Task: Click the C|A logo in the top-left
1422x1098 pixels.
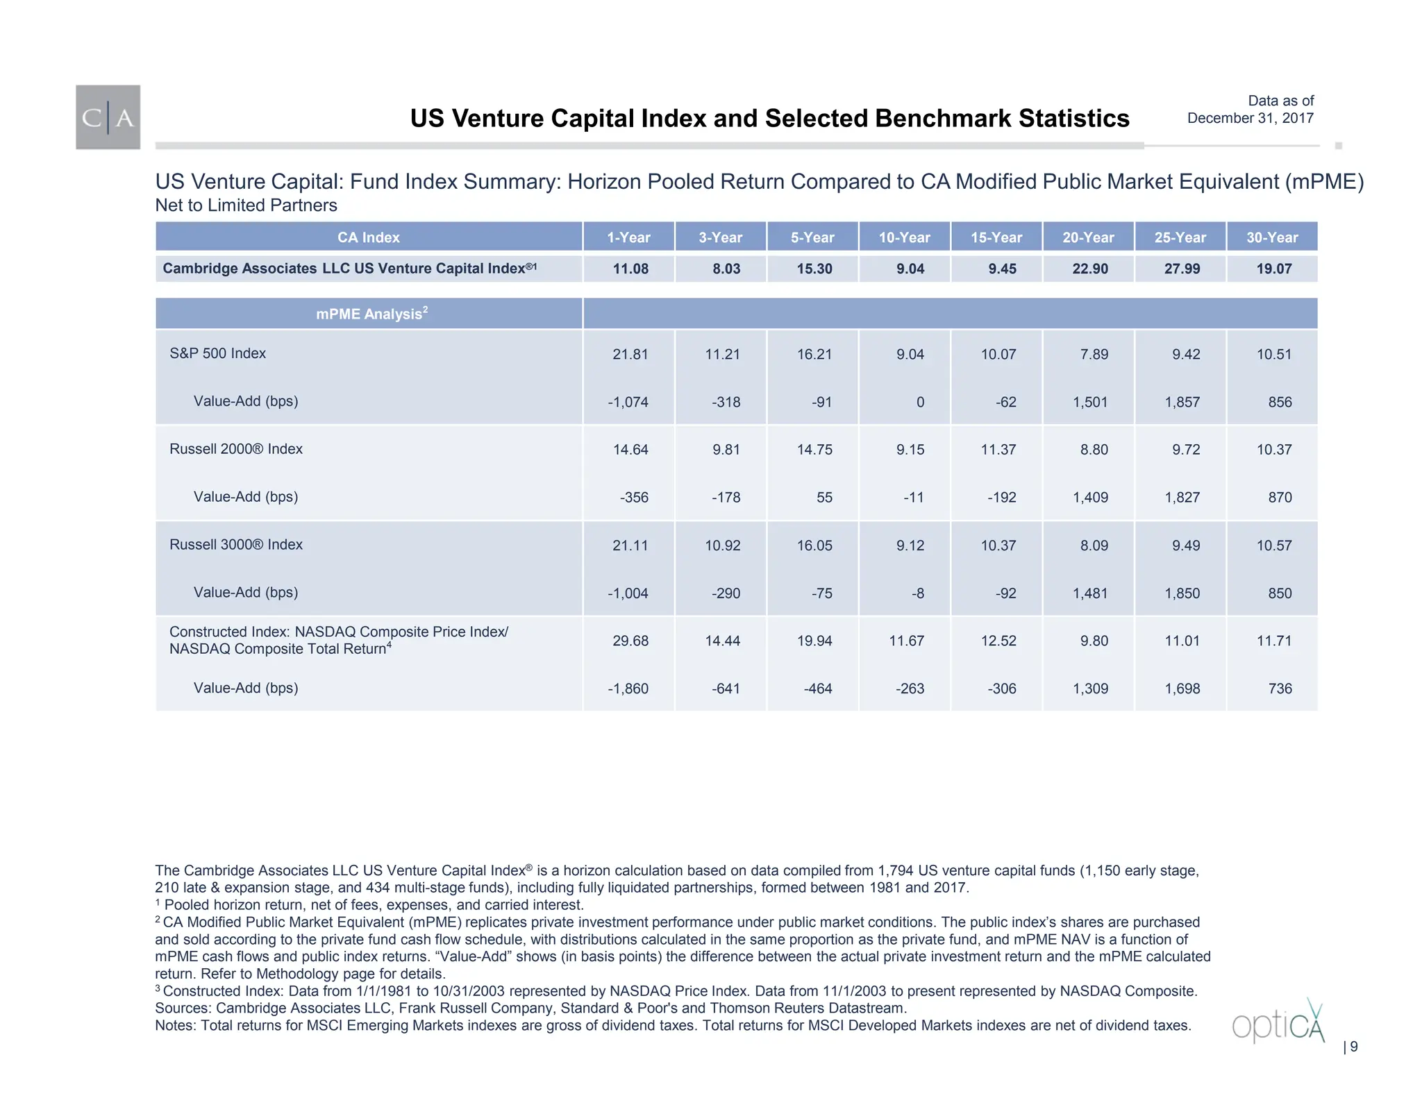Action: (108, 117)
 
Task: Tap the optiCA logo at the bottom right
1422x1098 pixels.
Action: (1278, 1023)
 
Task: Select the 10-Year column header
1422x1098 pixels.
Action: (904, 237)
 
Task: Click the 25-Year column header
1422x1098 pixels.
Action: (1180, 237)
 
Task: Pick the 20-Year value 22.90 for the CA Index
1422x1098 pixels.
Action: (1089, 269)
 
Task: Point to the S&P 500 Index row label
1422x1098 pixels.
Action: (217, 353)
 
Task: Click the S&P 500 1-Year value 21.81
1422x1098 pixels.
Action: (630, 354)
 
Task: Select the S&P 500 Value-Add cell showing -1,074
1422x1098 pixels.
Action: (628, 402)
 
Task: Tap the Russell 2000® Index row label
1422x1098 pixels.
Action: (235, 449)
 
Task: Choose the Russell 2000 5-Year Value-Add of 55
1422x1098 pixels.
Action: (823, 497)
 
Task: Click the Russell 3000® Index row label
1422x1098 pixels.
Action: (235, 545)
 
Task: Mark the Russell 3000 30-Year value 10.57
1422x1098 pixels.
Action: (1273, 546)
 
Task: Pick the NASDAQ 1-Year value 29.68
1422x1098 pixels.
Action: (630, 641)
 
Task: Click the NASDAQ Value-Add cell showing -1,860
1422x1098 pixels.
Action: (628, 689)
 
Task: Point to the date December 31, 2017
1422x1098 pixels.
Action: (1250, 118)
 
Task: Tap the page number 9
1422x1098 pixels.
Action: (1353, 1047)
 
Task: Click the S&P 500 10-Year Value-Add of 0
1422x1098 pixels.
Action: (919, 402)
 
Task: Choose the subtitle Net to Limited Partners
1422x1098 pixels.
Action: (246, 205)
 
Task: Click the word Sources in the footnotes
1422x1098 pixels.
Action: (182, 1008)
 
